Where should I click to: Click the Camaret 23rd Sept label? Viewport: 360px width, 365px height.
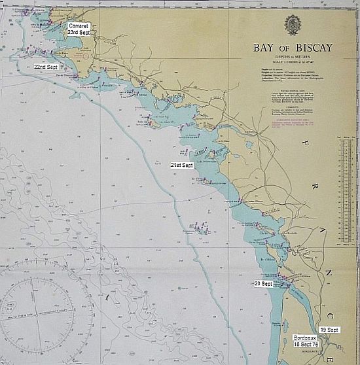coord(79,29)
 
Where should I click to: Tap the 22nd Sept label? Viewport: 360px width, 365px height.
coord(46,67)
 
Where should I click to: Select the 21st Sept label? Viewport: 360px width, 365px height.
coord(181,165)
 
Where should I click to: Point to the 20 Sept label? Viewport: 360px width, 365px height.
coord(263,284)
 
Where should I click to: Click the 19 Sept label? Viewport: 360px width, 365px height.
coord(329,330)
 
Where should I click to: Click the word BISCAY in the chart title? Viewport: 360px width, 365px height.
coord(310,48)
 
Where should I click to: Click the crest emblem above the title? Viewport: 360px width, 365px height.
coord(292,25)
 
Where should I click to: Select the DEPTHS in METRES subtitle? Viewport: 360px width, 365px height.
coord(292,56)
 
